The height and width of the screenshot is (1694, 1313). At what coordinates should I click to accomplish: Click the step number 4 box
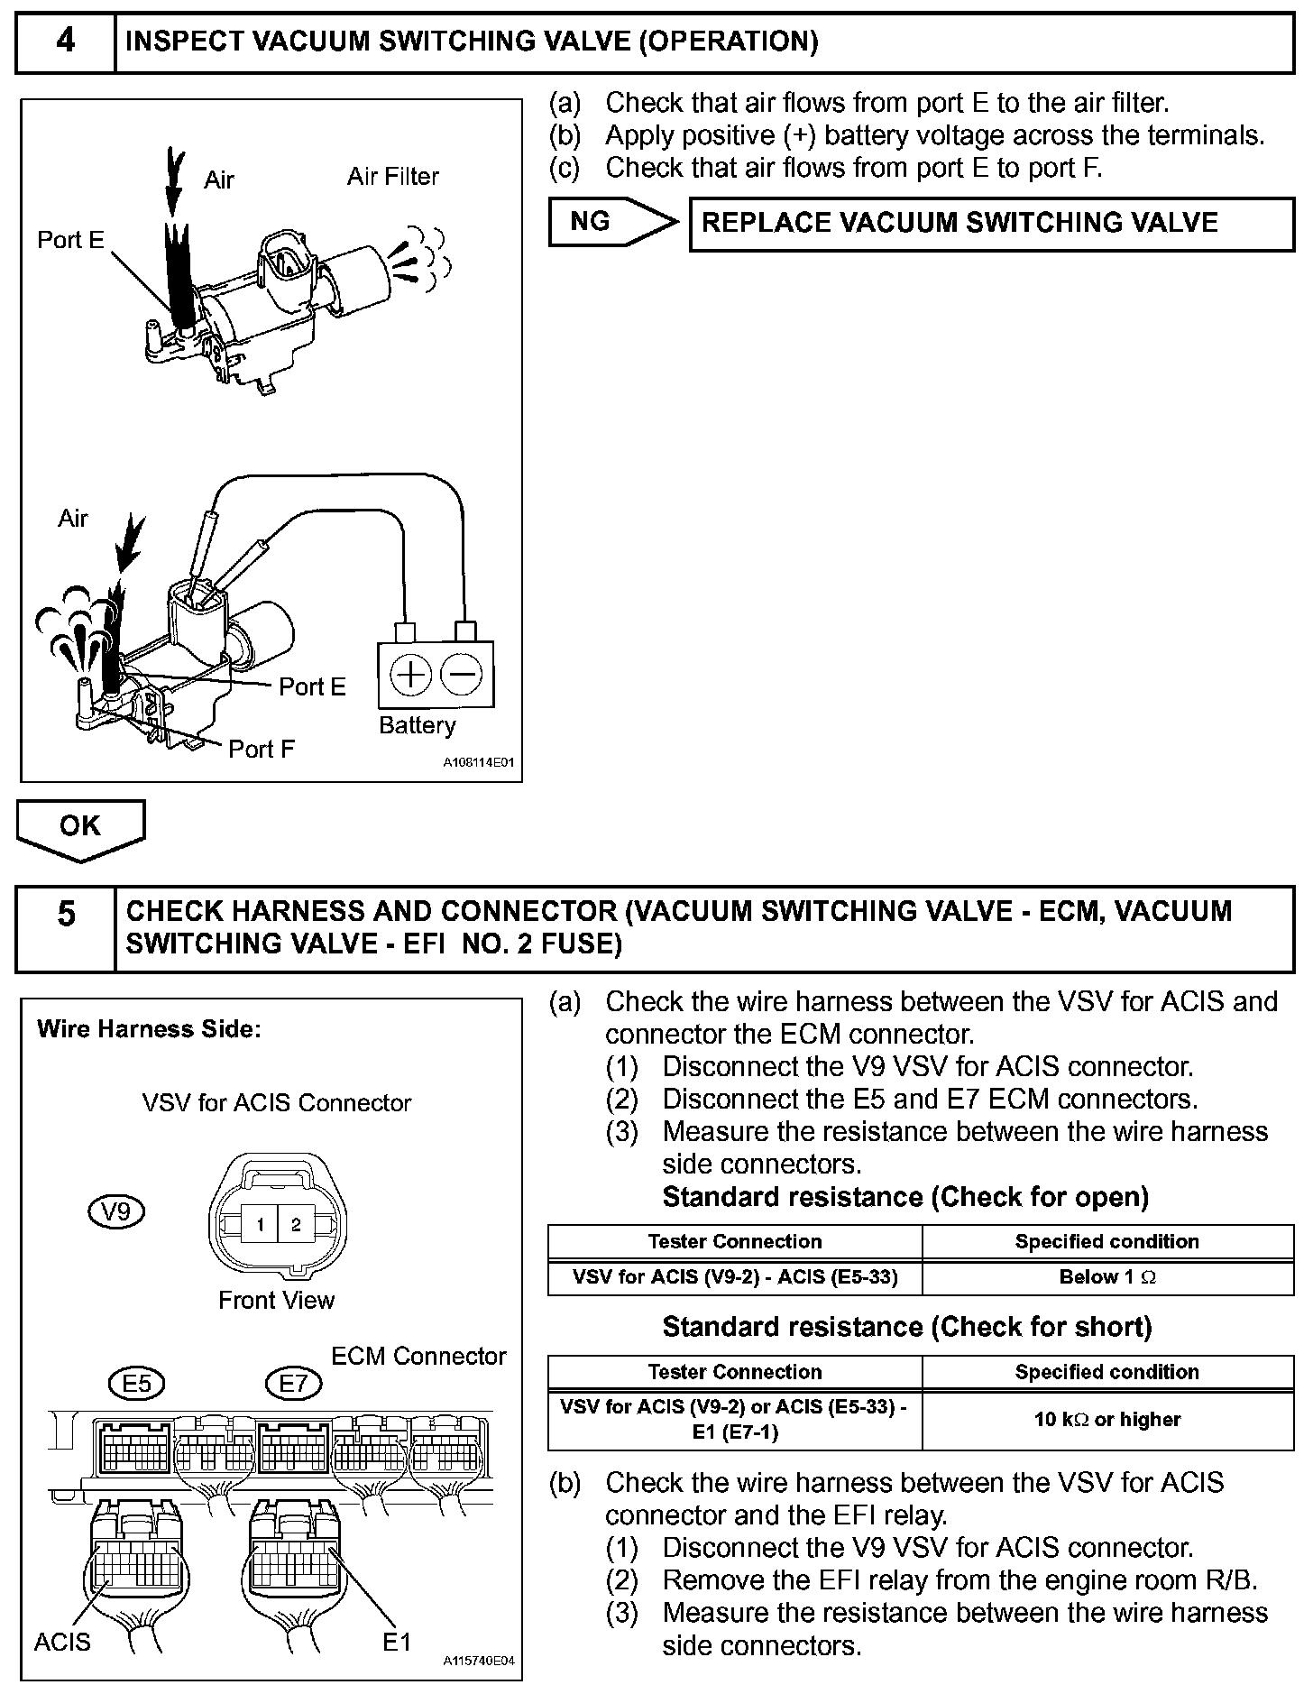tap(66, 41)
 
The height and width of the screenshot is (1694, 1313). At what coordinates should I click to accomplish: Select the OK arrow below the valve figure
tap(80, 826)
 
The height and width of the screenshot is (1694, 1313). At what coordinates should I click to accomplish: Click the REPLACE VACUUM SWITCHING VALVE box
tap(991, 224)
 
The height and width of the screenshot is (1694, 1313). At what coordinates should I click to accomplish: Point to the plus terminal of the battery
tap(411, 675)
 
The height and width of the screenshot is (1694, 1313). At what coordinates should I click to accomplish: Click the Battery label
tap(417, 725)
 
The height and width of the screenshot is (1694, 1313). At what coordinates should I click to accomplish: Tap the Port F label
tap(261, 750)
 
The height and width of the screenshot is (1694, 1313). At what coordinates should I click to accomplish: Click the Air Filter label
tap(392, 177)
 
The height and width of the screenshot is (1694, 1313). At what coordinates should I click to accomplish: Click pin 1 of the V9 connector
tap(260, 1225)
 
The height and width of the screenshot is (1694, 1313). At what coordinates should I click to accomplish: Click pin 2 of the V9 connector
tap(295, 1225)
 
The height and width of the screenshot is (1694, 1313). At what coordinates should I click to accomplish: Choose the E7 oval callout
tap(293, 1383)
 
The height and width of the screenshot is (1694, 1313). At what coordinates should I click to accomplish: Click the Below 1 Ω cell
tap(1107, 1277)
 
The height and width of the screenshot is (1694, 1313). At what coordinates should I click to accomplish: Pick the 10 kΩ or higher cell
tap(1107, 1420)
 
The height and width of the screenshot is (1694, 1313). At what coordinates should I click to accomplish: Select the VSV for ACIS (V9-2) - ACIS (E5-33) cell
tap(735, 1277)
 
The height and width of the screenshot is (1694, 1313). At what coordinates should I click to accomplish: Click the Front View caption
tap(276, 1300)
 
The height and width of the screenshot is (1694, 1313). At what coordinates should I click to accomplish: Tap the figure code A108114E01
tap(478, 763)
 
